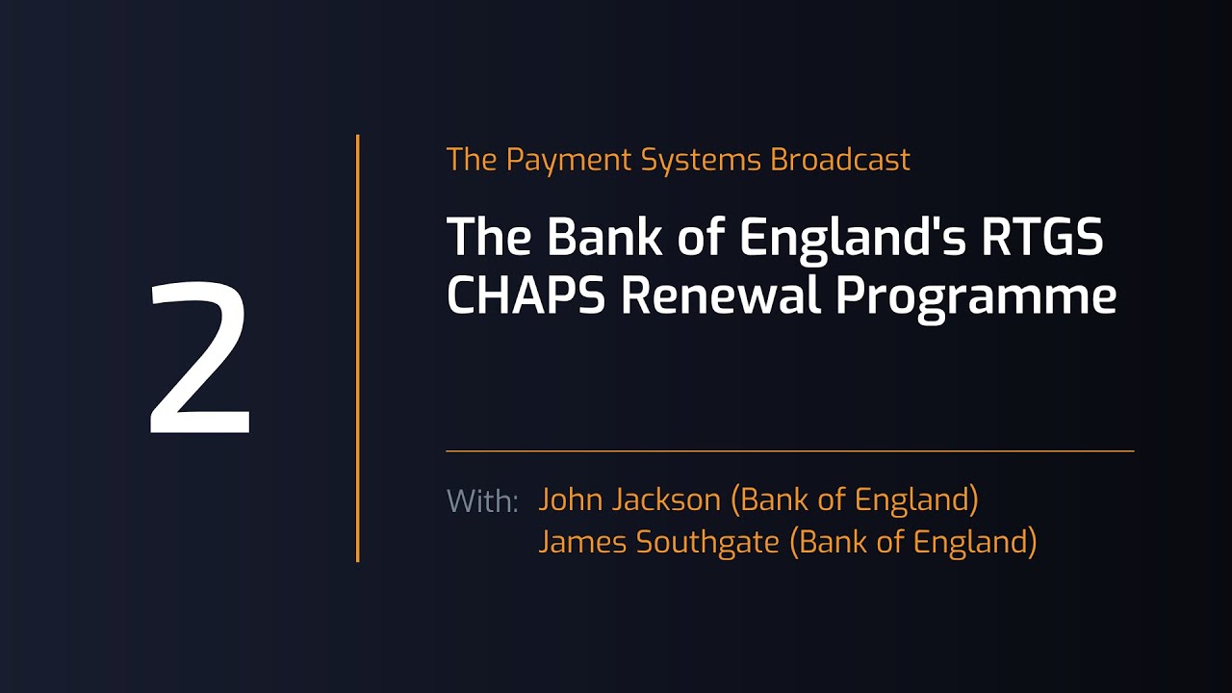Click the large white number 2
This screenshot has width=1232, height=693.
[200, 358]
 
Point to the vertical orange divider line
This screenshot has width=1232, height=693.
[358, 346]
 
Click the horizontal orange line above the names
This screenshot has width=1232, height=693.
[789, 450]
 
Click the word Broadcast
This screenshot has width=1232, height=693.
[839, 160]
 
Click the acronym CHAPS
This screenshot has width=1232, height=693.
[526, 295]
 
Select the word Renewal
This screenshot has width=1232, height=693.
[722, 295]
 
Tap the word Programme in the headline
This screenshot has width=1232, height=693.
[976, 297]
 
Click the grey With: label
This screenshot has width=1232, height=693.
[482, 501]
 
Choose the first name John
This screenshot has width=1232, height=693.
[574, 500]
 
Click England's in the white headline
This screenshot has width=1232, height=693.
[853, 239]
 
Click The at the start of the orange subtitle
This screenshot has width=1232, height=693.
[472, 160]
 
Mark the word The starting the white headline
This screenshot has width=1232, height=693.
[488, 237]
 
